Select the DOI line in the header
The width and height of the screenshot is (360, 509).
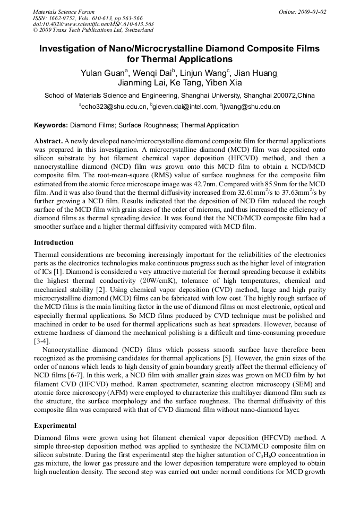point(93,24)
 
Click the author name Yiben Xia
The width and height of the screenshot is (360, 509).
point(222,83)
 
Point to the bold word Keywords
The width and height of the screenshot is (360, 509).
point(50,126)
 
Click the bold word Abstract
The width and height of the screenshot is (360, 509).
point(48,142)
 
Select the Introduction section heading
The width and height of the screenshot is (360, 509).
point(54,243)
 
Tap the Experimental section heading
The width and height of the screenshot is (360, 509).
point(55,426)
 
